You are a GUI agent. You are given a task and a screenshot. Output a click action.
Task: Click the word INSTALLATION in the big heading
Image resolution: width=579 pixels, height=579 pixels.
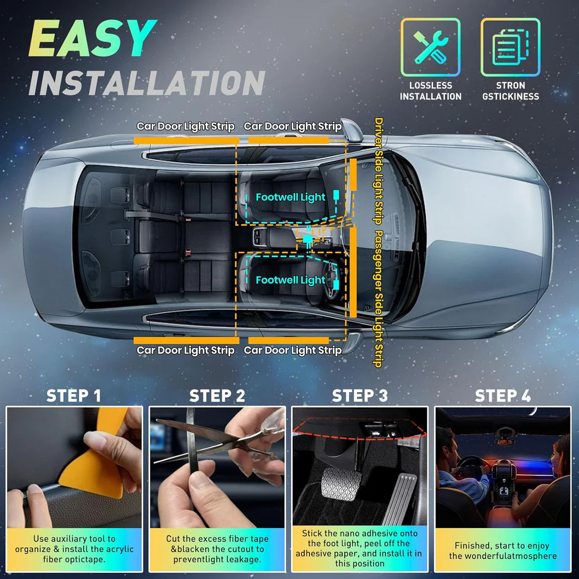click(146, 83)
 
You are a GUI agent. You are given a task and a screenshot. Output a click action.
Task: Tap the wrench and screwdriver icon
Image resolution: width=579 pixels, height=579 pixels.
click(431, 47)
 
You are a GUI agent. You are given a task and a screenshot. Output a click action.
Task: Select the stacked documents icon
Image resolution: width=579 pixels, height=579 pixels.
click(510, 47)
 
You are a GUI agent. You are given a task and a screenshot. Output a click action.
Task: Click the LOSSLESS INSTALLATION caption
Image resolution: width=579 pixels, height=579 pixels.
click(431, 91)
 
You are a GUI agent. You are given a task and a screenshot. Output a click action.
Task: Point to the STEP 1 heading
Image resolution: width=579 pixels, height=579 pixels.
click(74, 396)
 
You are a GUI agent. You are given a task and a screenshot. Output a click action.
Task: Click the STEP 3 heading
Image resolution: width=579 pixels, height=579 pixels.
click(360, 396)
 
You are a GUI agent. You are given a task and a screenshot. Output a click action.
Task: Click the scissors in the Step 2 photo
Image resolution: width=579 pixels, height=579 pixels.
click(221, 440)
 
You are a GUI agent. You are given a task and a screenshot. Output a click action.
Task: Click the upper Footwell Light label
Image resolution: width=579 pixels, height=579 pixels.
click(291, 197)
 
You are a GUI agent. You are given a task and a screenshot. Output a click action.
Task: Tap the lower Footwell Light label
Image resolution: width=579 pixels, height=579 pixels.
click(291, 281)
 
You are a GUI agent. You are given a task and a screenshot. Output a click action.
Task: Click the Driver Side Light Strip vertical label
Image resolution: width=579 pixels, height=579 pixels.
click(378, 171)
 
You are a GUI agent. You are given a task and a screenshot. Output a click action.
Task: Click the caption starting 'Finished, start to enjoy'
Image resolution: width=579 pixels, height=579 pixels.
click(502, 551)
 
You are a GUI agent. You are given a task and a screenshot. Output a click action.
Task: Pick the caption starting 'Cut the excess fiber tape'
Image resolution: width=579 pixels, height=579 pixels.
click(217, 549)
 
